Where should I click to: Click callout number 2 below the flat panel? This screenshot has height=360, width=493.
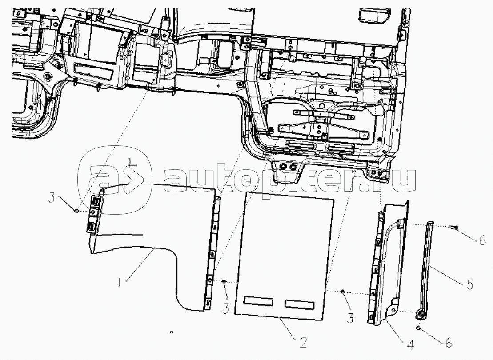coord(303,343)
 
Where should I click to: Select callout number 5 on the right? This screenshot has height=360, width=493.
coord(469,284)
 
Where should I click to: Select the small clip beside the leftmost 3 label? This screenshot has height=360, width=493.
coord(77,210)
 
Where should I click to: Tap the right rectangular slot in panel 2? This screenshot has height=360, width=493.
coord(300,304)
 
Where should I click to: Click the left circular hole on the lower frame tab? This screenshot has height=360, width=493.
coord(282,166)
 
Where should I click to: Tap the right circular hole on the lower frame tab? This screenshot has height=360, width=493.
coord(293,167)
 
